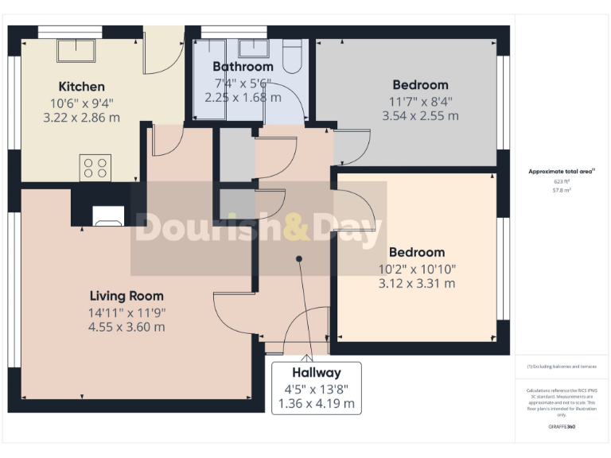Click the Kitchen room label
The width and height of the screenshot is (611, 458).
point(81,86)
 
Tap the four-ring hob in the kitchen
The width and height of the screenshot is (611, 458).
point(95,168)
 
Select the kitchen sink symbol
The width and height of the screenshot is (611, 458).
point(76,50)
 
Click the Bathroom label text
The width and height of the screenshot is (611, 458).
point(243,67)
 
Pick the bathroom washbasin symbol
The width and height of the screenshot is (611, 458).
point(254,47)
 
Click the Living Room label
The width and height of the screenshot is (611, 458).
point(126,296)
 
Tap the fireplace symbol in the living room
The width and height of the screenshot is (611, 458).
point(107,217)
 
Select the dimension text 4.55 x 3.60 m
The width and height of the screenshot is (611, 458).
point(126,327)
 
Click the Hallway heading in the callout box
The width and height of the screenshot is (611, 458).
point(316,372)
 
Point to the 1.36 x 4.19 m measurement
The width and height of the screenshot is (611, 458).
point(316,404)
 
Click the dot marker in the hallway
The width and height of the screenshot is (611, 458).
point(299,258)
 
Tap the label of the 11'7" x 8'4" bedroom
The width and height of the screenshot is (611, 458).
point(420,84)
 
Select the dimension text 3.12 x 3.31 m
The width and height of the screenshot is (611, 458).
point(418,283)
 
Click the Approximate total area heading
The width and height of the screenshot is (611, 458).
point(562,171)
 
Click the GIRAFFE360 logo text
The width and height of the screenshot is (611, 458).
point(562,428)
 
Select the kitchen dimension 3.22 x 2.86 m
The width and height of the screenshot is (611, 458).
point(81,117)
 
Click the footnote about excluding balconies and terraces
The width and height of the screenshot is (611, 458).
point(562,367)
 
